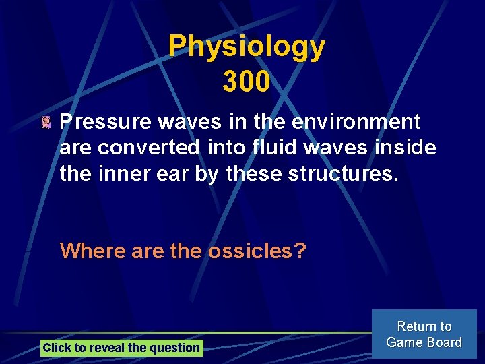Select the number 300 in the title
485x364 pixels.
tap(247, 82)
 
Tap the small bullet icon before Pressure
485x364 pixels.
tap(46, 123)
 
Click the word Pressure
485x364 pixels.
tap(106, 122)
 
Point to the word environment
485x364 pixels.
tap(362, 122)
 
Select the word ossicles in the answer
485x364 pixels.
tap(257, 251)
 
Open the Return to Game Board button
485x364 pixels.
tap(424, 334)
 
